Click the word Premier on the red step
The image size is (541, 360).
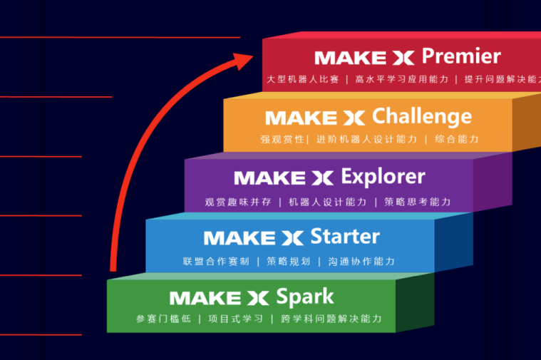[461, 56]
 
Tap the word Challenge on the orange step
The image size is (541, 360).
[422, 116]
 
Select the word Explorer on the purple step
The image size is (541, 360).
[383, 176]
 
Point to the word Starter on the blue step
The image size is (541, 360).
[345, 236]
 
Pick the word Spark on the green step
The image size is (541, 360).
[305, 296]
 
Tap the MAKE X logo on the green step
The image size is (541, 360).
[218, 297]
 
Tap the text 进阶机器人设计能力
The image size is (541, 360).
[366, 140]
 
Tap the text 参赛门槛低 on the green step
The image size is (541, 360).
[163, 319]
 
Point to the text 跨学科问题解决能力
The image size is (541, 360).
[331, 319]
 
